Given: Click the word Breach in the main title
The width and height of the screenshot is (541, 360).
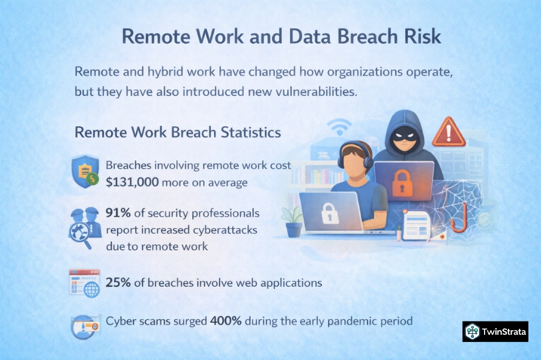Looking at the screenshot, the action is (369, 36).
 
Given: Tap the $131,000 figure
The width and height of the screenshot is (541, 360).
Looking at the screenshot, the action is (132, 182).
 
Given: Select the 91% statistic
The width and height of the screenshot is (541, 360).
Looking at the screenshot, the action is (118, 213).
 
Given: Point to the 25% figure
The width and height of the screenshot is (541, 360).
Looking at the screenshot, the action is (118, 283).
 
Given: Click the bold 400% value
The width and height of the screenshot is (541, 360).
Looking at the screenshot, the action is (226, 321).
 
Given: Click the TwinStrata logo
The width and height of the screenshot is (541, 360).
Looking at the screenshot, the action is (495, 332).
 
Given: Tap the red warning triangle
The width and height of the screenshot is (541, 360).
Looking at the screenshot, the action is (449, 133).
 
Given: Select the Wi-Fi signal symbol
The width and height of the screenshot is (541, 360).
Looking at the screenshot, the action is (339, 127).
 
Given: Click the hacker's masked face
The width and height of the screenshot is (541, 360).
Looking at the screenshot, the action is (403, 136).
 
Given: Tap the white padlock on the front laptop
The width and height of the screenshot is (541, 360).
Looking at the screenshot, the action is (330, 214).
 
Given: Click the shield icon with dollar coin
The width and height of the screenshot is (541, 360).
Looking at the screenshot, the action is (85, 172).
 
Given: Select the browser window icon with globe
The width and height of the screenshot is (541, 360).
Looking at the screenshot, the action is (85, 283).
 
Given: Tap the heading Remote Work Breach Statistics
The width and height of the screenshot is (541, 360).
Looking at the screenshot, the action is (178, 133).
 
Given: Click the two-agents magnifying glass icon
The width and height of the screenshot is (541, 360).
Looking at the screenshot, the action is (85, 227).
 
